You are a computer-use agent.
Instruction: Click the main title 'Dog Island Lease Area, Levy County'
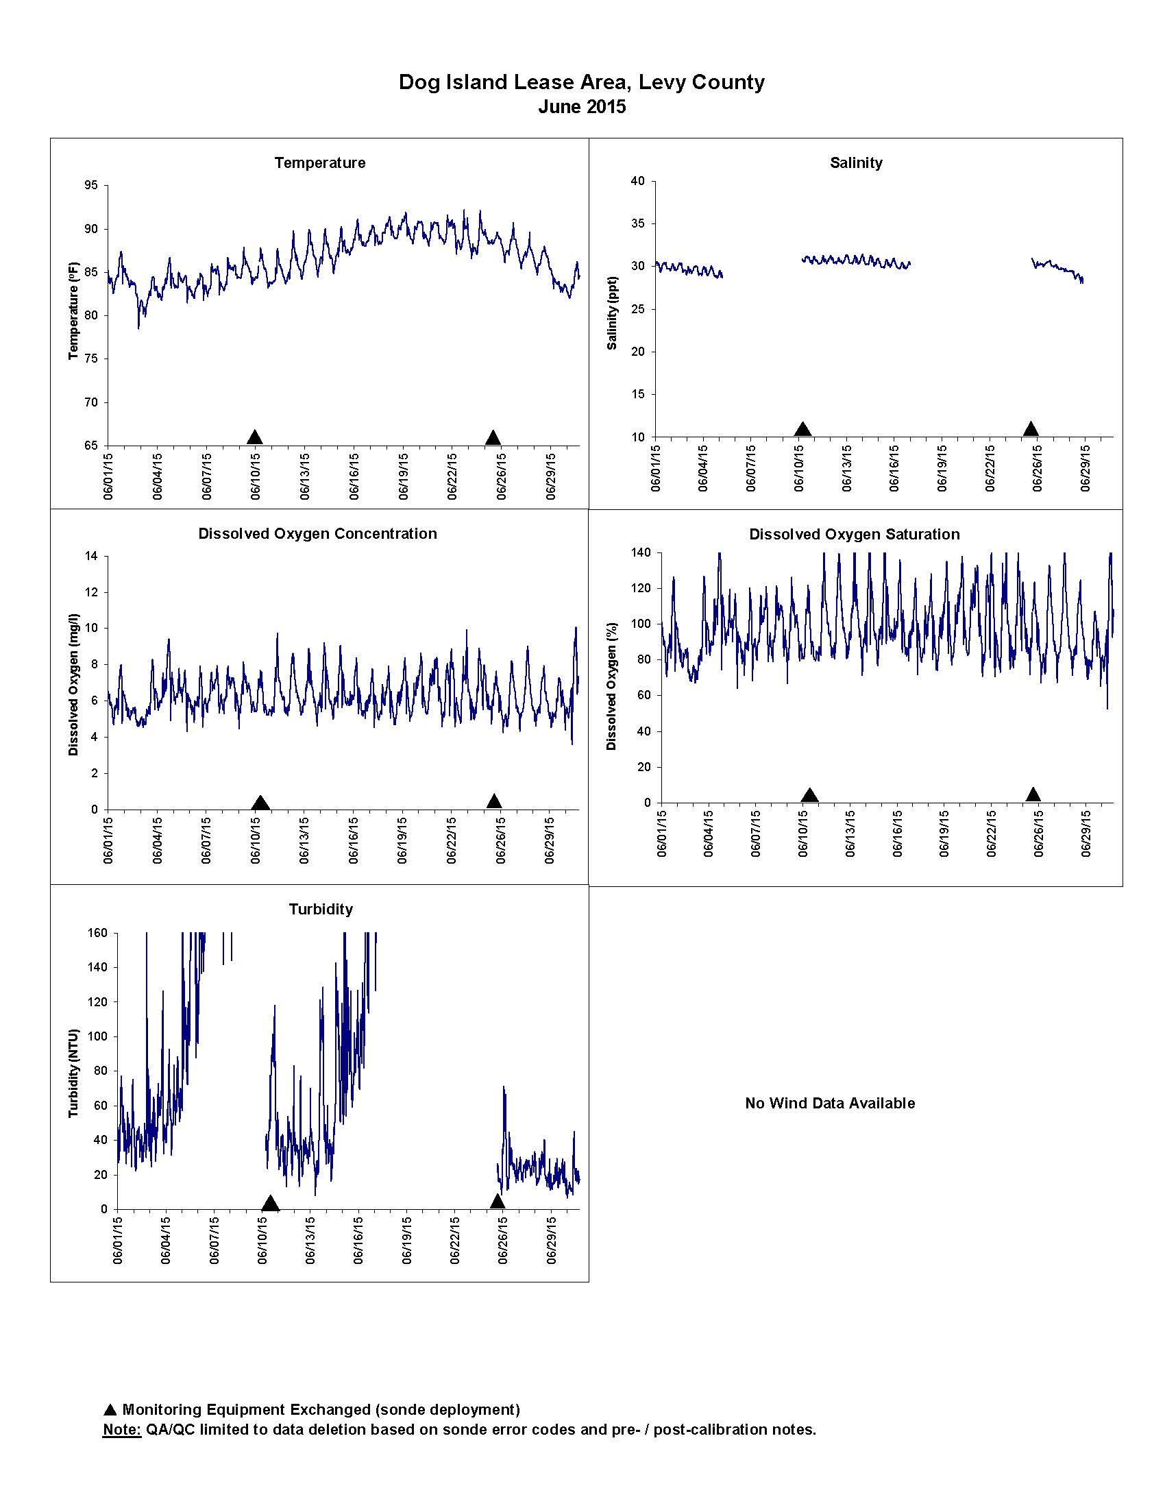pyautogui.click(x=582, y=82)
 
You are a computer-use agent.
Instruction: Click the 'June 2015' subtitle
pyautogui.click(x=582, y=107)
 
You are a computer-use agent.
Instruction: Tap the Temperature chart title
pyautogui.click(x=319, y=163)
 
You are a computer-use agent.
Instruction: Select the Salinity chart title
pyautogui.click(x=856, y=163)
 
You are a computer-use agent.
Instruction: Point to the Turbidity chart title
pyautogui.click(x=320, y=910)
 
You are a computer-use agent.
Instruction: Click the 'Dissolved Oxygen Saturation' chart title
pyautogui.click(x=855, y=535)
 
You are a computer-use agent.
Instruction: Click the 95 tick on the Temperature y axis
pyautogui.click(x=92, y=185)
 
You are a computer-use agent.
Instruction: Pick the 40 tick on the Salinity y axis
pyautogui.click(x=638, y=181)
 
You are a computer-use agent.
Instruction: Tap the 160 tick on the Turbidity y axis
pyautogui.click(x=98, y=933)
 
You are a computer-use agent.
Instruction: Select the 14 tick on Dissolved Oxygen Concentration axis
pyautogui.click(x=92, y=556)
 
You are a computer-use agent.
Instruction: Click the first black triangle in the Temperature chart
pyautogui.click(x=255, y=437)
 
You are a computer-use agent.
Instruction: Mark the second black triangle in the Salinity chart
pyautogui.click(x=1031, y=429)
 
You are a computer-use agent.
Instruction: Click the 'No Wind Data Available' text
pyautogui.click(x=830, y=1104)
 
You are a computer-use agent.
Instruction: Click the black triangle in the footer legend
pyautogui.click(x=110, y=1410)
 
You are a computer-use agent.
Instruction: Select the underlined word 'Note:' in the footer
pyautogui.click(x=121, y=1429)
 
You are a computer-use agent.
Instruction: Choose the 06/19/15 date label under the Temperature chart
pyautogui.click(x=403, y=476)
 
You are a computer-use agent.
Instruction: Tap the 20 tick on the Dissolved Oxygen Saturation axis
pyautogui.click(x=643, y=767)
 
